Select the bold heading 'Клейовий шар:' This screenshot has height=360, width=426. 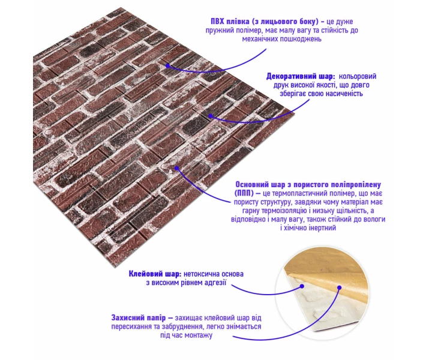155,274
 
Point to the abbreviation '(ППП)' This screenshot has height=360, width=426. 244,193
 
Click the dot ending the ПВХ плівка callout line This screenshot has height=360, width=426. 167,66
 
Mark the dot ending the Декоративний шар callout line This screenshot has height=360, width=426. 211,116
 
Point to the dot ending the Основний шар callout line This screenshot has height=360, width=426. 177,169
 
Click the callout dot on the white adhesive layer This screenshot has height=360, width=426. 302,286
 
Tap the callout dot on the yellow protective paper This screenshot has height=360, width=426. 340,287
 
